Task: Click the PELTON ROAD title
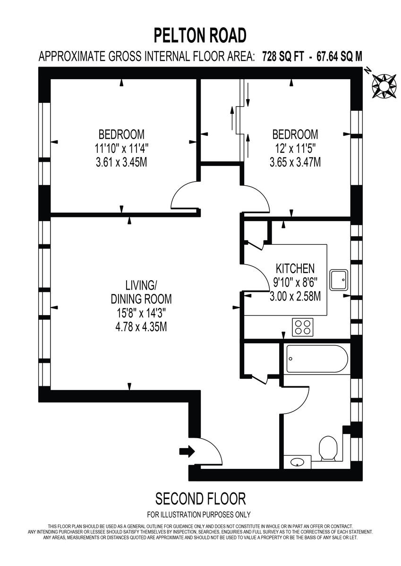click(x=200, y=35)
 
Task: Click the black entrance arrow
click(x=187, y=451)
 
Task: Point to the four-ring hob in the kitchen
click(x=303, y=327)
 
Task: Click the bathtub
click(x=316, y=360)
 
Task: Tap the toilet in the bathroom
click(x=328, y=448)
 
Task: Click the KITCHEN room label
click(x=295, y=269)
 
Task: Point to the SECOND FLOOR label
click(x=200, y=498)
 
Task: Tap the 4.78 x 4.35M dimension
click(x=141, y=326)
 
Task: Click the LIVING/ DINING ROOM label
click(x=141, y=292)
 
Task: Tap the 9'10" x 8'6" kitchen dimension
click(x=295, y=283)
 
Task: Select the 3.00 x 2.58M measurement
click(x=295, y=297)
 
